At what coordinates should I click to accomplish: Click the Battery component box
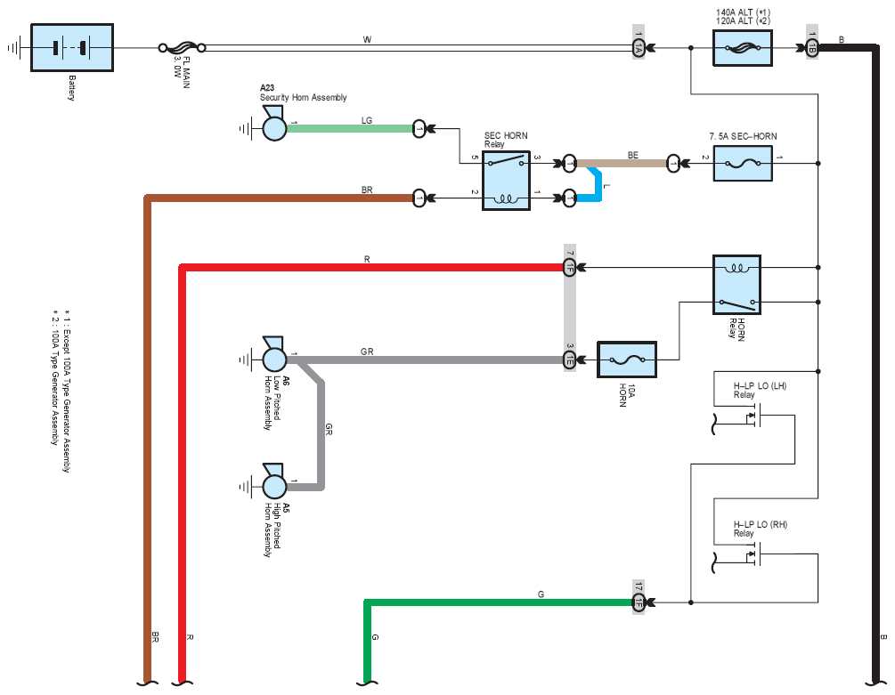[72, 48]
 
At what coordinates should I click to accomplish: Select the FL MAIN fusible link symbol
[182, 48]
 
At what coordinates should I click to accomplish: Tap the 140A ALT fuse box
[743, 48]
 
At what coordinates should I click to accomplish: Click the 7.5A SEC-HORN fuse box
[743, 164]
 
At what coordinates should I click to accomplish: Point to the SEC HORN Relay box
[507, 181]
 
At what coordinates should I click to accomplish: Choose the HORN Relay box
[736, 285]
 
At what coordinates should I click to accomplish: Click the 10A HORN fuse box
[627, 360]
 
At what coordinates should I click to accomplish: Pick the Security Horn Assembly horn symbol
[274, 125]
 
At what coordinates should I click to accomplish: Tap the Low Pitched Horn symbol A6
[274, 355]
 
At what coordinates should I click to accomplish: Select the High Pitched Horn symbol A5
[274, 482]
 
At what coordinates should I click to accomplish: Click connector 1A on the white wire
[639, 48]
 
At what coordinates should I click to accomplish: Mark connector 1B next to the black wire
[811, 48]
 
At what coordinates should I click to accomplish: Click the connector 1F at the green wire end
[639, 602]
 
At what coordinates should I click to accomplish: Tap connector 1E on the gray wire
[569, 360]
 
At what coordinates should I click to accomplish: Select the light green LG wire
[349, 129]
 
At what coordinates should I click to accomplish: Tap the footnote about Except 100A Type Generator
[67, 392]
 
